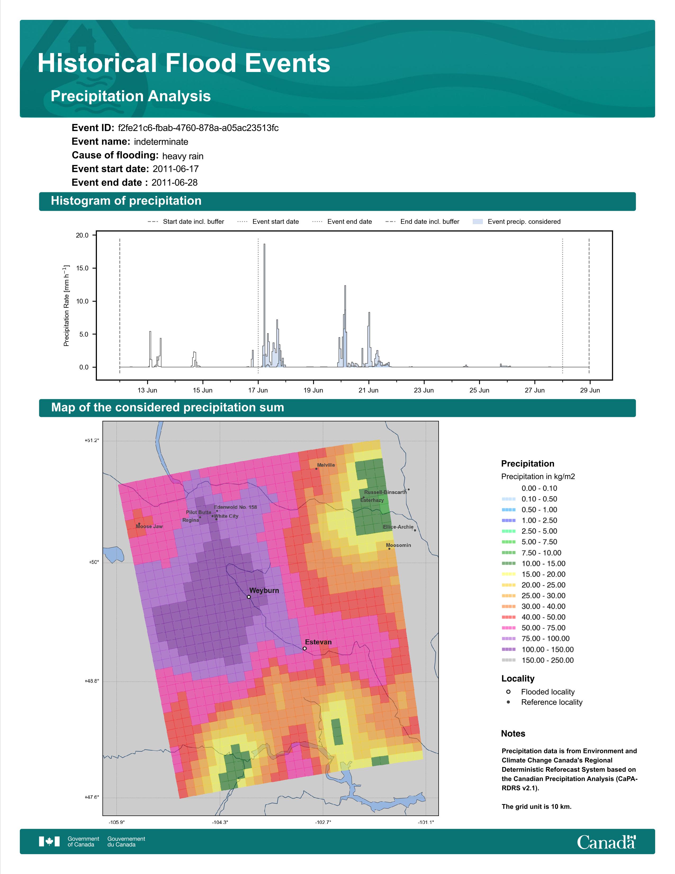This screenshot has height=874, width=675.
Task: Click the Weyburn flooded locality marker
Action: coord(249,597)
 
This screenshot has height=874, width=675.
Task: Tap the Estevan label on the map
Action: coord(318,642)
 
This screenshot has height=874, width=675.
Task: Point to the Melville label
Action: coord(326,465)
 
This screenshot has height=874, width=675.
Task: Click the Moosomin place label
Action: coord(398,545)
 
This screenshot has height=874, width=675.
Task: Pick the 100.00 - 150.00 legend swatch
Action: coord(508,649)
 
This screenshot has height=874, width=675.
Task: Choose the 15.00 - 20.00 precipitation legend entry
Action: coord(533,574)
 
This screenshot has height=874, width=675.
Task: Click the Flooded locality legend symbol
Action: coord(508,692)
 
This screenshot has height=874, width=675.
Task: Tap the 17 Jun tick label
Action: coord(258,390)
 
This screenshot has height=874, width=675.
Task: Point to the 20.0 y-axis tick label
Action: coord(82,235)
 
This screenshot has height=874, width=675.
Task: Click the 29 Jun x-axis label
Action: coord(590,390)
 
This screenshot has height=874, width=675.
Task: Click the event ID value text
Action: coord(198,128)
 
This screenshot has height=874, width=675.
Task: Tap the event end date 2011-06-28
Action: coord(174,182)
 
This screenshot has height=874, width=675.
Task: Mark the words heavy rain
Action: coord(183,156)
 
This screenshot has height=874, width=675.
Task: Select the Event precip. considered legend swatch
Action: coord(478,222)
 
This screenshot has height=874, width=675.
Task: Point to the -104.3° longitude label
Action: coord(220,822)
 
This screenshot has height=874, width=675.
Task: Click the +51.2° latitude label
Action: coord(92,441)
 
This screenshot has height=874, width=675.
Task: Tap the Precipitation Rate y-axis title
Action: coord(66,305)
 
